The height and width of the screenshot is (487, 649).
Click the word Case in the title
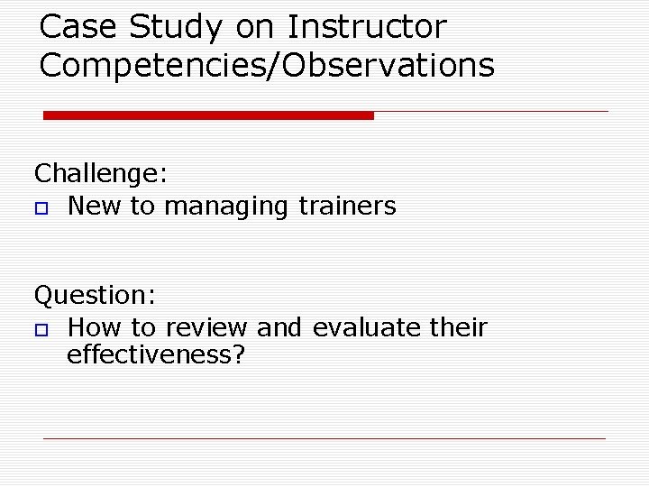tap(79, 27)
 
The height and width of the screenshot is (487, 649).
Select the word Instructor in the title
tap(366, 27)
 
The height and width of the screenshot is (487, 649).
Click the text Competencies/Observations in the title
tap(267, 66)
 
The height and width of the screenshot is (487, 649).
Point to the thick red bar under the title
tap(208, 115)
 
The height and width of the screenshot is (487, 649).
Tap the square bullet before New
tap(40, 208)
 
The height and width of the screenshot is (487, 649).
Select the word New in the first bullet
tap(95, 207)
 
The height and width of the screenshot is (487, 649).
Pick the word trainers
tap(346, 207)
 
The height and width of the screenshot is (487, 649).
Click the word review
tap(206, 327)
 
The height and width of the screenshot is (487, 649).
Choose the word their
tap(458, 327)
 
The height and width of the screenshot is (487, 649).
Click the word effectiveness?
tap(156, 355)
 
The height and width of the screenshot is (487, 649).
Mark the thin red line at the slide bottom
tap(324, 438)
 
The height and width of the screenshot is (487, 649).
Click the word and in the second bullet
tap(279, 327)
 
